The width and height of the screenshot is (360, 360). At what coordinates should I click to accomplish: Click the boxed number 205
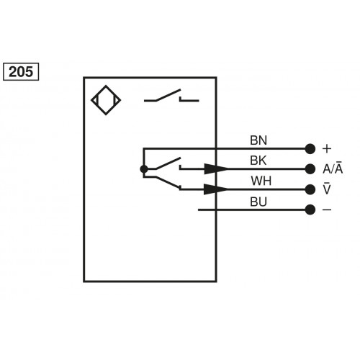click(x=21, y=71)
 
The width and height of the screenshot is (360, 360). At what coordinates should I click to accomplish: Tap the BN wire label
click(x=258, y=140)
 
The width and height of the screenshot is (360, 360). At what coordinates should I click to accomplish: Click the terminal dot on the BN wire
click(x=310, y=148)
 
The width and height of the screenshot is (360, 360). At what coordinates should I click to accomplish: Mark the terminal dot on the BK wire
click(x=310, y=169)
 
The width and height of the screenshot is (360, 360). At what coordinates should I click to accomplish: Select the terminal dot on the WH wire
click(x=310, y=189)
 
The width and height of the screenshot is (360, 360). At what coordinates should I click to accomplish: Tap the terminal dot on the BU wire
click(x=310, y=210)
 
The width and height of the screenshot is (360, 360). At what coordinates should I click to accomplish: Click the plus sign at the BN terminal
click(x=328, y=148)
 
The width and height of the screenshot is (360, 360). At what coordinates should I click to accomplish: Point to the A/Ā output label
click(x=332, y=168)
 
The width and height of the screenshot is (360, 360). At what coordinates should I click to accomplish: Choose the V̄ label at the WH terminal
click(x=328, y=189)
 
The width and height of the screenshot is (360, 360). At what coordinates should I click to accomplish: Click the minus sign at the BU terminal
click(x=328, y=210)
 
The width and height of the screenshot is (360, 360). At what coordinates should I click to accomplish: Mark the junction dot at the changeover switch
click(x=144, y=169)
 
